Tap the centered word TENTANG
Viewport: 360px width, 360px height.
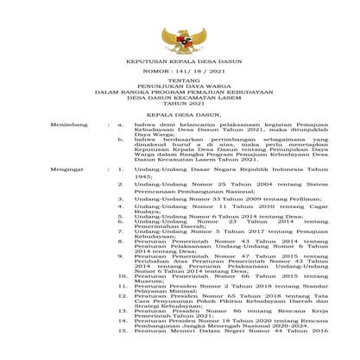pyautogui.click(x=180, y=91)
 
